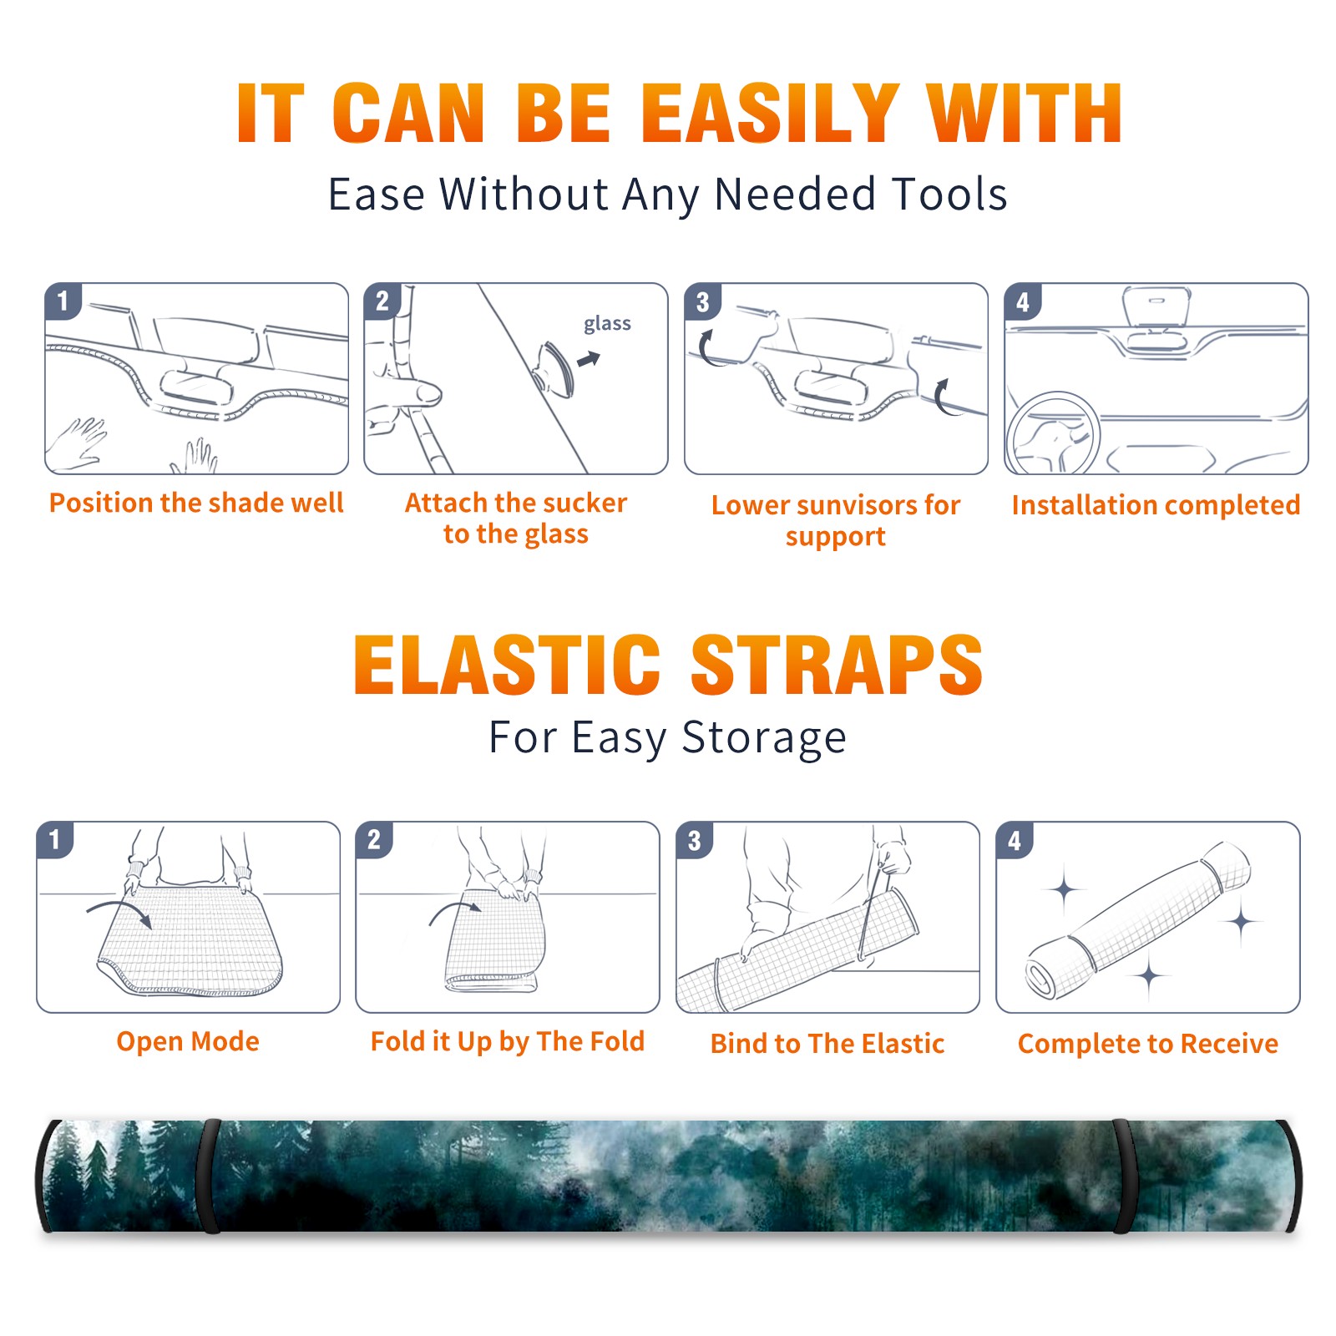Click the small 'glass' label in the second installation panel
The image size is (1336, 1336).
click(607, 324)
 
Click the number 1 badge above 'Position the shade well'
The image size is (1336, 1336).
click(63, 300)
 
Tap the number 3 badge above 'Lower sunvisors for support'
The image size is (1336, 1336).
click(702, 301)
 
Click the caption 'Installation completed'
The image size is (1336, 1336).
click(1156, 504)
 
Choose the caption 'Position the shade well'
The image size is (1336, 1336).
click(196, 503)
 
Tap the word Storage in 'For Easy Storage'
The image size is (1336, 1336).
click(764, 738)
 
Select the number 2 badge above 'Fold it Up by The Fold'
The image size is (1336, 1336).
click(374, 839)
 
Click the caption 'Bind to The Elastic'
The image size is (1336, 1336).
click(827, 1043)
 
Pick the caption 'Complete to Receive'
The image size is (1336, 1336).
click(1147, 1043)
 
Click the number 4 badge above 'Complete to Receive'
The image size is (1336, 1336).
click(1015, 840)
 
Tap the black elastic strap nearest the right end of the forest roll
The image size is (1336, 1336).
click(1124, 1176)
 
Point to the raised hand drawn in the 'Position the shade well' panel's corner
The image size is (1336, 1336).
click(77, 444)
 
